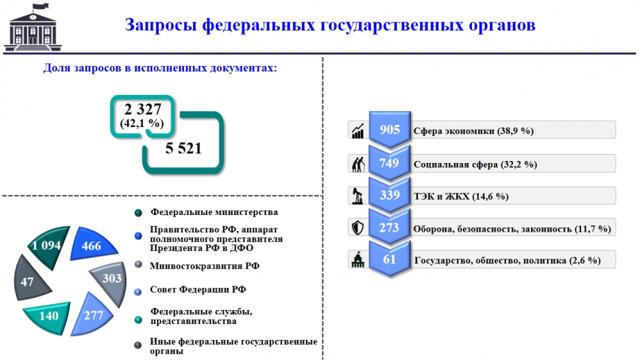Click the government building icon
pos(32,27)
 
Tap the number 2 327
pos(142,110)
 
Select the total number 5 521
pos(183,148)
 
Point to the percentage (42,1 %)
pos(142,123)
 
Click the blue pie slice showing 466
pos(92,245)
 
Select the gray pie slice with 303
pos(110,283)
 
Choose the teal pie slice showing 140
pos(48,317)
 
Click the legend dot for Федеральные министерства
pos(138,212)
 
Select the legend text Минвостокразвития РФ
pos(205,266)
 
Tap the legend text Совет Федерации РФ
pos(198,289)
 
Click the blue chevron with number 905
pos(390,129)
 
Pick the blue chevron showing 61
pos(390,259)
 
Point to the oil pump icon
pos(358,196)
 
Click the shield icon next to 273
pos(358,228)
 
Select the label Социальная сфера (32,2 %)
pos(475,164)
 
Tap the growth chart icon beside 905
pos(358,131)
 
